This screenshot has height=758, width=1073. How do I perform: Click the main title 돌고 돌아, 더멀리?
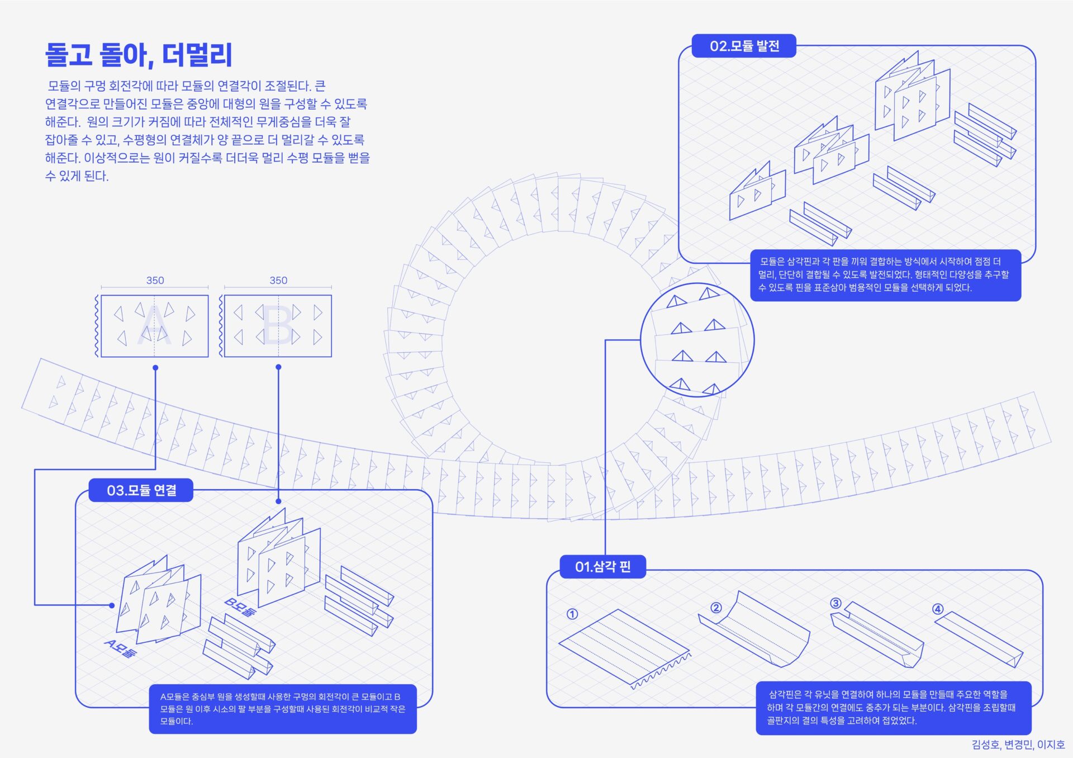139,55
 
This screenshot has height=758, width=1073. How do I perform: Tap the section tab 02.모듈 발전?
744,46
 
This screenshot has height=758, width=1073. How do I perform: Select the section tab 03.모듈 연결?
141,490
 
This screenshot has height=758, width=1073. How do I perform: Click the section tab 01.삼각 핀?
602,567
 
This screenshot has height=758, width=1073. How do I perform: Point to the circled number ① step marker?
572,614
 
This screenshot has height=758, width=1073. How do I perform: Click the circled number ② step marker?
716,608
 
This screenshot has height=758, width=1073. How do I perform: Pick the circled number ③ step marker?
835,603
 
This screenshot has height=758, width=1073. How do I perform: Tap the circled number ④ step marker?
938,609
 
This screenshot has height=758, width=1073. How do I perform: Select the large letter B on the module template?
278,325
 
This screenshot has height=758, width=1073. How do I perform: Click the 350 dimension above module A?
155,280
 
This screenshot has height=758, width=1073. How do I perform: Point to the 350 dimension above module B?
278,280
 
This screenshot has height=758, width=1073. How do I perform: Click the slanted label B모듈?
240,607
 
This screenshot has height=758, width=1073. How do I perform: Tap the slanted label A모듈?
120,648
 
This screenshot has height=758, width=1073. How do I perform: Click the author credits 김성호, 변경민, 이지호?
1018,745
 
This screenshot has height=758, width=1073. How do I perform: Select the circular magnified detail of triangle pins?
697,339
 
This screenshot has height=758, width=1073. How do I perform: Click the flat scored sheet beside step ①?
623,646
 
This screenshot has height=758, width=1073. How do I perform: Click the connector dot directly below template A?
155,367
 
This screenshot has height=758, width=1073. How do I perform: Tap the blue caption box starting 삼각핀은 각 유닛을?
893,707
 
